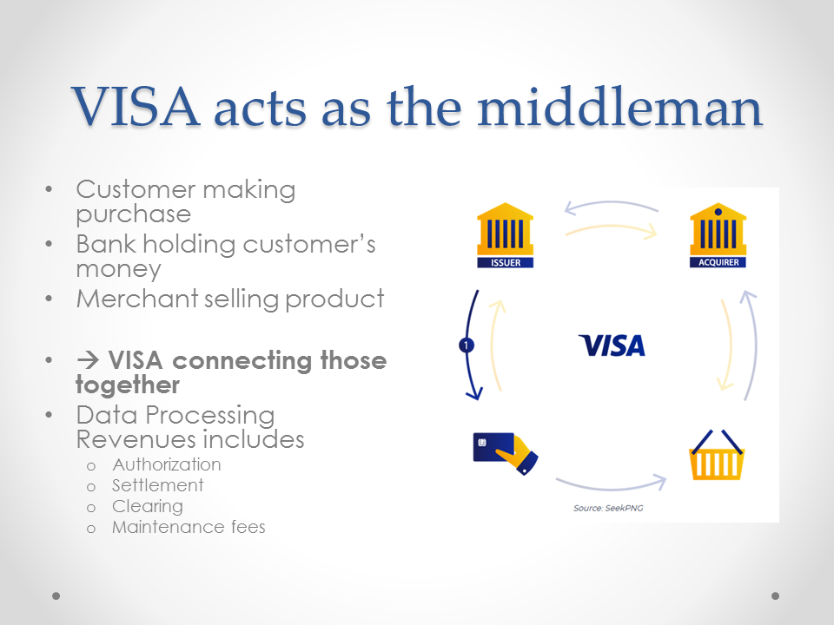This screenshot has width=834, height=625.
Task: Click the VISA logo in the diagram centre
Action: tap(612, 345)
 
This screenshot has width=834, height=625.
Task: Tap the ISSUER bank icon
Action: tap(505, 235)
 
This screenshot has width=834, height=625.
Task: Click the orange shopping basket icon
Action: tap(717, 456)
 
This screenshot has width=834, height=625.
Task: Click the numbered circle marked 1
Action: tap(466, 345)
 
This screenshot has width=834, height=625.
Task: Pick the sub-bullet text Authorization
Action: tap(167, 464)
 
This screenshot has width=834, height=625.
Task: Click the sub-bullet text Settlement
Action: tap(158, 485)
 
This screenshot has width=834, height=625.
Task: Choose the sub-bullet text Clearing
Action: tap(148, 506)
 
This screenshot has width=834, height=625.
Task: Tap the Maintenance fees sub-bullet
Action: tap(189, 527)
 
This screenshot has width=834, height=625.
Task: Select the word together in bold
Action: tap(128, 385)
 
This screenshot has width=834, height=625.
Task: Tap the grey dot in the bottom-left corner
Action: tap(56, 596)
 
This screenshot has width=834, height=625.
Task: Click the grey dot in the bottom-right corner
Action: tap(776, 596)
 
